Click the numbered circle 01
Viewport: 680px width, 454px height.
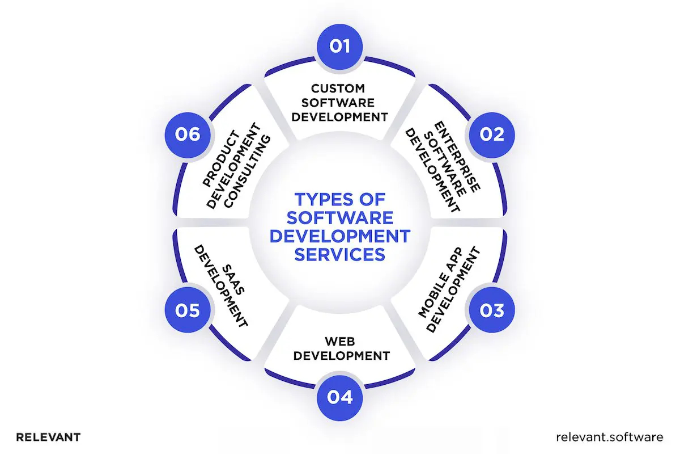[339, 45]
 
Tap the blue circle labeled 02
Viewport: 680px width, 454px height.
[491, 134]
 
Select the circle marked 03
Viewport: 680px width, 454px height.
[491, 310]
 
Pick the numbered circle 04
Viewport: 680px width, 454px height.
[339, 397]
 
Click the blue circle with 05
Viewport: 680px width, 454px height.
[188, 310]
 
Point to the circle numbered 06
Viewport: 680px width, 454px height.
[188, 134]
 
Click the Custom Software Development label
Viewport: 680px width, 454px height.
[339, 103]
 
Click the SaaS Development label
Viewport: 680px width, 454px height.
[222, 285]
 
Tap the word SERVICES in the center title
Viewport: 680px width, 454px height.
[339, 254]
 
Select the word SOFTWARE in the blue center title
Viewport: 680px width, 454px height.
[339, 217]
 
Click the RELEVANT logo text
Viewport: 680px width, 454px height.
[48, 438]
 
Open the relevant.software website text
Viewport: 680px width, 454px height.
[609, 437]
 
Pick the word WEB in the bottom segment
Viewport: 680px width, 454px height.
[339, 342]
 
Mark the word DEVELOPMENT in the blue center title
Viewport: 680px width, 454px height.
[339, 236]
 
